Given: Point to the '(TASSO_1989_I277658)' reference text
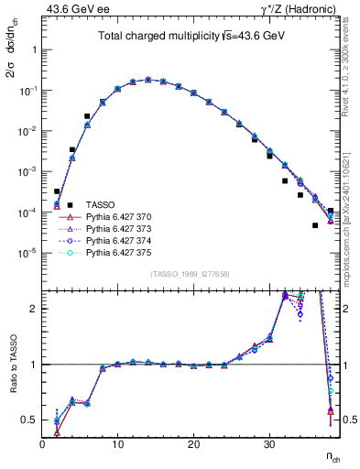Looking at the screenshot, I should [x=191, y=273].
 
